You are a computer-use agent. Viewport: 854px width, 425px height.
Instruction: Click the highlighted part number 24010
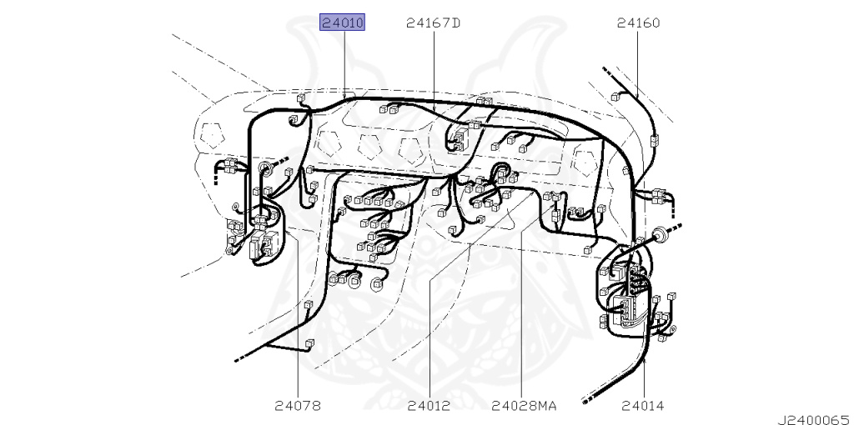342,22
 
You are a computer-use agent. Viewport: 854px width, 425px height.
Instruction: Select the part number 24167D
434,22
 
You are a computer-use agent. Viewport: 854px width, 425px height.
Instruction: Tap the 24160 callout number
638,22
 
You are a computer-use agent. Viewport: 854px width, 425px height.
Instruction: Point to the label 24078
298,405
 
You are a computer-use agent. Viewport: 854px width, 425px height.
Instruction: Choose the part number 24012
430,405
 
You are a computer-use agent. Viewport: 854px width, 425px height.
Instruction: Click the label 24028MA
524,405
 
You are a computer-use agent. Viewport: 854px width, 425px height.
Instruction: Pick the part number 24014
643,405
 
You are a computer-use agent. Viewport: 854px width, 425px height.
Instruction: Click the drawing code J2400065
815,419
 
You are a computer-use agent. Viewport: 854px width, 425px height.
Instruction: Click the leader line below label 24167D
434,66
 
